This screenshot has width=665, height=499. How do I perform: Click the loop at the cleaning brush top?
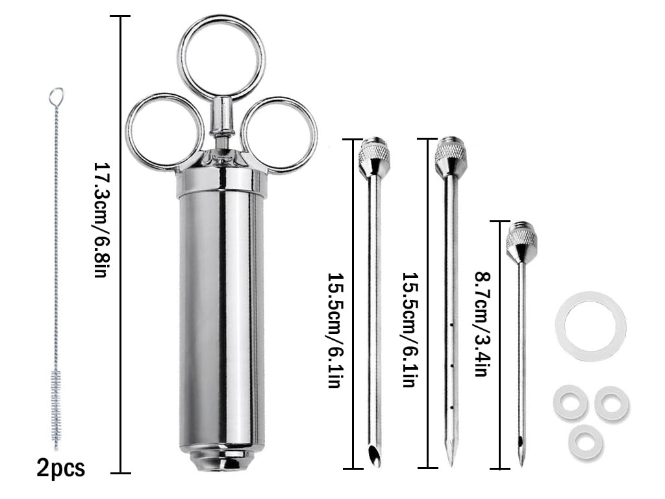(x=56, y=96)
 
